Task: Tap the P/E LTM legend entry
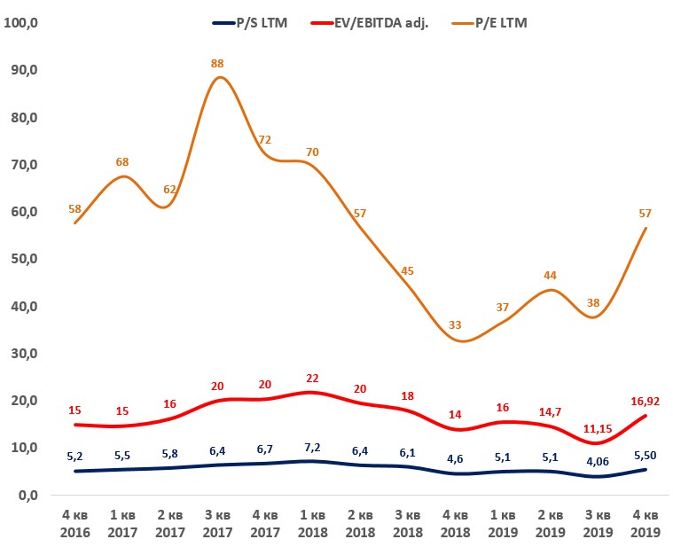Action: pyautogui.click(x=496, y=23)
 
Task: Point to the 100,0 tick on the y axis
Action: pyautogui.click(x=22, y=23)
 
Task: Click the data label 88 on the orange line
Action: pyautogui.click(x=218, y=63)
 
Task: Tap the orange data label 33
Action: pyautogui.click(x=455, y=325)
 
